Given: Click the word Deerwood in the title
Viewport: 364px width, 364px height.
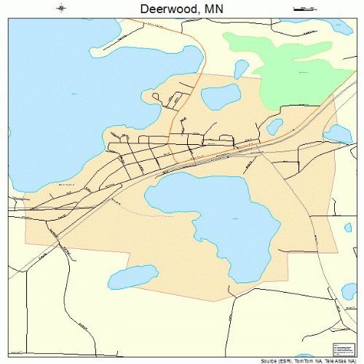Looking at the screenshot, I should (x=162, y=9).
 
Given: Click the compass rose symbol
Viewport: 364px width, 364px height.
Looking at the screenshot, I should (x=61, y=9).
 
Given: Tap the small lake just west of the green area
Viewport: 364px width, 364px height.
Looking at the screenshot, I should (x=241, y=68).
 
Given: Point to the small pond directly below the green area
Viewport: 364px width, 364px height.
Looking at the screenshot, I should (x=274, y=127).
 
